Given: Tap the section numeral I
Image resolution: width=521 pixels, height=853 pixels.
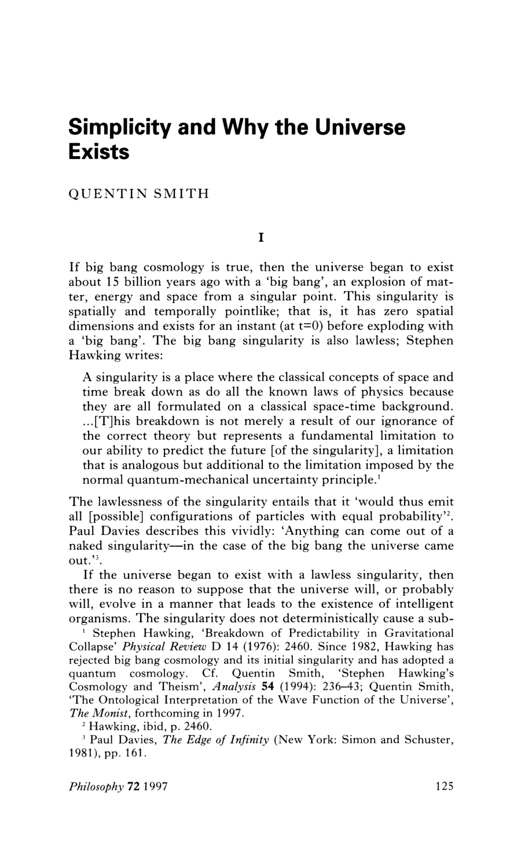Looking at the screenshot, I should [260, 237].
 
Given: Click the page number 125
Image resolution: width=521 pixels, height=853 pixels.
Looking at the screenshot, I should [443, 786].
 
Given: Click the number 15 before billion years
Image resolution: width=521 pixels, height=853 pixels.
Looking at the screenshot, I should [112, 282].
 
